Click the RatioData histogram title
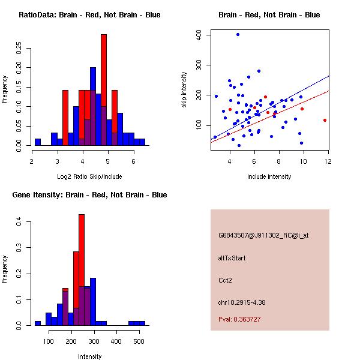[89, 15]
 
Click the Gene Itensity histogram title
[89, 195]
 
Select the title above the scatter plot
[269, 15]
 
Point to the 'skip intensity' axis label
[184, 90]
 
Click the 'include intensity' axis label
[269, 176]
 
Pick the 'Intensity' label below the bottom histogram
[89, 356]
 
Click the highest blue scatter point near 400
[238, 34]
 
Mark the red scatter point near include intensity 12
[325, 120]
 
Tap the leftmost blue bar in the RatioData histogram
[38, 142]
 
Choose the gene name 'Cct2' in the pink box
[226, 280]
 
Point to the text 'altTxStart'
[232, 258]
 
